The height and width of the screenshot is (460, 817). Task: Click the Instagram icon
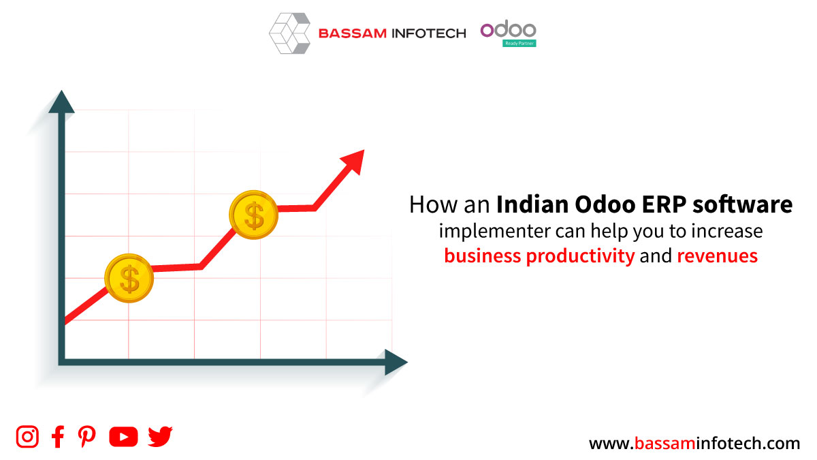[x=27, y=436]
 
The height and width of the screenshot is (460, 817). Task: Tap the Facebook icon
[x=58, y=436]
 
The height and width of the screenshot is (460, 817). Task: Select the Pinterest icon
[x=87, y=436]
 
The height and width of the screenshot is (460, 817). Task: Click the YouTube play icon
[x=123, y=437]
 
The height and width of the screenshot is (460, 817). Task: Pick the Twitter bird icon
[x=160, y=436]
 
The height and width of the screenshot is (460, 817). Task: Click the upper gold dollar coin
[x=254, y=215]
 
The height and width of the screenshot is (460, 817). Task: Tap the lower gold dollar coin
[x=129, y=278]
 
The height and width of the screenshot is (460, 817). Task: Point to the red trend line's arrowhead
[x=355, y=161]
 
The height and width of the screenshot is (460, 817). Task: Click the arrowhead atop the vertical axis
[x=62, y=102]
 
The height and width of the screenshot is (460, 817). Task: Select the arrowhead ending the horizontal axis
[x=396, y=362]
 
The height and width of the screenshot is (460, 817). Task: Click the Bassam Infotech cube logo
[x=289, y=33]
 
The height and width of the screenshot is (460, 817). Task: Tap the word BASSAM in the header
[x=353, y=33]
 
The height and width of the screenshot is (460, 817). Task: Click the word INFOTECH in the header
[x=429, y=33]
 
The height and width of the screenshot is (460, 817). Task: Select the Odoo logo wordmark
[x=509, y=30]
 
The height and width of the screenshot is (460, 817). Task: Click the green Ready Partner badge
[x=519, y=44]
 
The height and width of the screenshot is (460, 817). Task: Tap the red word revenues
[x=718, y=256]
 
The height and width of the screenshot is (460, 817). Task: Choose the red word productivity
[x=581, y=256]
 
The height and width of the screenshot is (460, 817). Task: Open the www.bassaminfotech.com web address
[x=694, y=443]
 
